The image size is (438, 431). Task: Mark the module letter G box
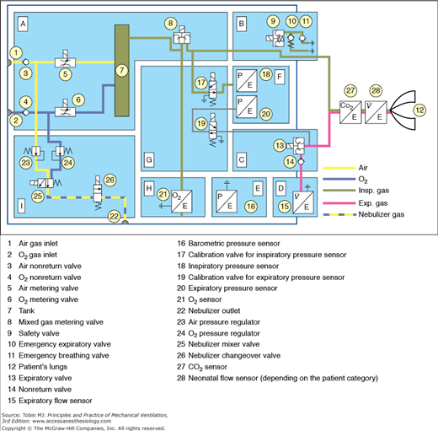click(150, 159)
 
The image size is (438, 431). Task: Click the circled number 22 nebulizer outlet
click(115, 217)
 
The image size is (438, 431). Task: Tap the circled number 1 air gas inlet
click(14, 52)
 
